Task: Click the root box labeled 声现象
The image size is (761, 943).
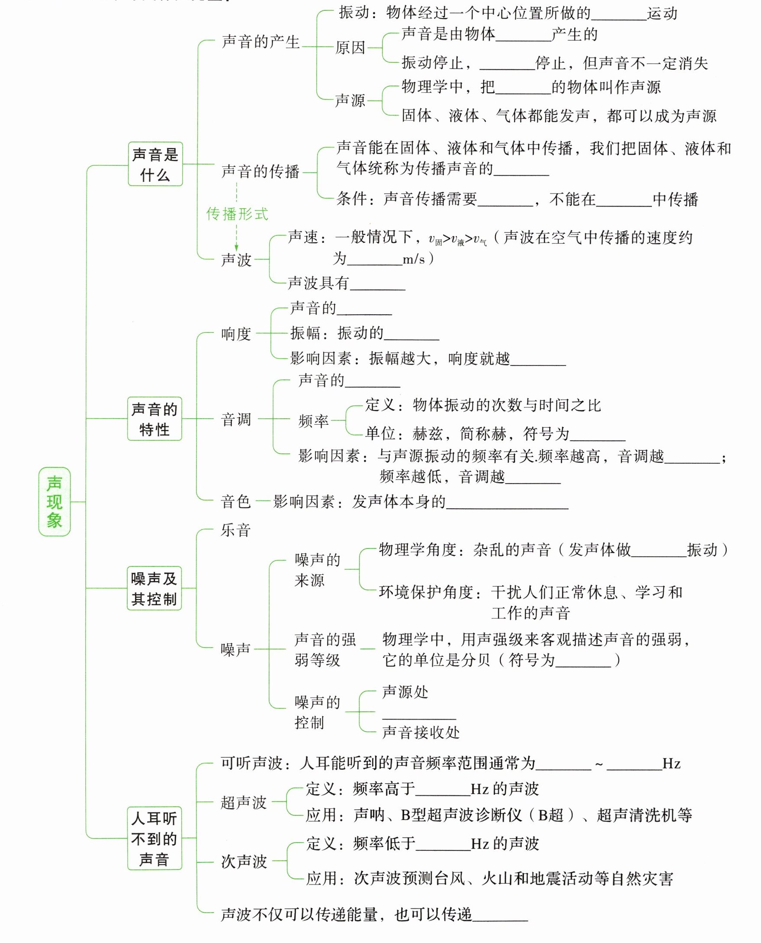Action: [x=55, y=502]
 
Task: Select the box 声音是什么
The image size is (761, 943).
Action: [x=155, y=164]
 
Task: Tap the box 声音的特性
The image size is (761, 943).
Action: [x=154, y=419]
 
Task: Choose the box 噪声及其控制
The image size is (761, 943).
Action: [x=154, y=588]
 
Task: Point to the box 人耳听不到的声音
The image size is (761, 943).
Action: [x=154, y=838]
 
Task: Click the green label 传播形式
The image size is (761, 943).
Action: [x=237, y=214]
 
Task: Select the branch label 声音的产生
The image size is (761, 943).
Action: [x=260, y=42]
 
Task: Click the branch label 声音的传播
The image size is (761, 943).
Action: [x=260, y=171]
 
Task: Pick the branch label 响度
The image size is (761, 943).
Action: [x=236, y=334]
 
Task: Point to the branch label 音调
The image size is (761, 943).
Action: [x=236, y=420]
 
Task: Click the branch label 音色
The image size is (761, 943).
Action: [x=236, y=501]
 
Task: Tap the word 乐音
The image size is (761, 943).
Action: [x=236, y=530]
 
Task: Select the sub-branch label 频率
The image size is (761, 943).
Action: [x=313, y=421]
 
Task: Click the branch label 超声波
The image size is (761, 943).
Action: [x=244, y=803]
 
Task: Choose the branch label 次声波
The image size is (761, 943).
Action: [x=244, y=862]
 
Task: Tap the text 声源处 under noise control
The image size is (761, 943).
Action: [x=405, y=692]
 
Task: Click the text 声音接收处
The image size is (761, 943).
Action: [x=421, y=732]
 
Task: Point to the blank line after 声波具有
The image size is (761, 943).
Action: [x=377, y=285]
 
